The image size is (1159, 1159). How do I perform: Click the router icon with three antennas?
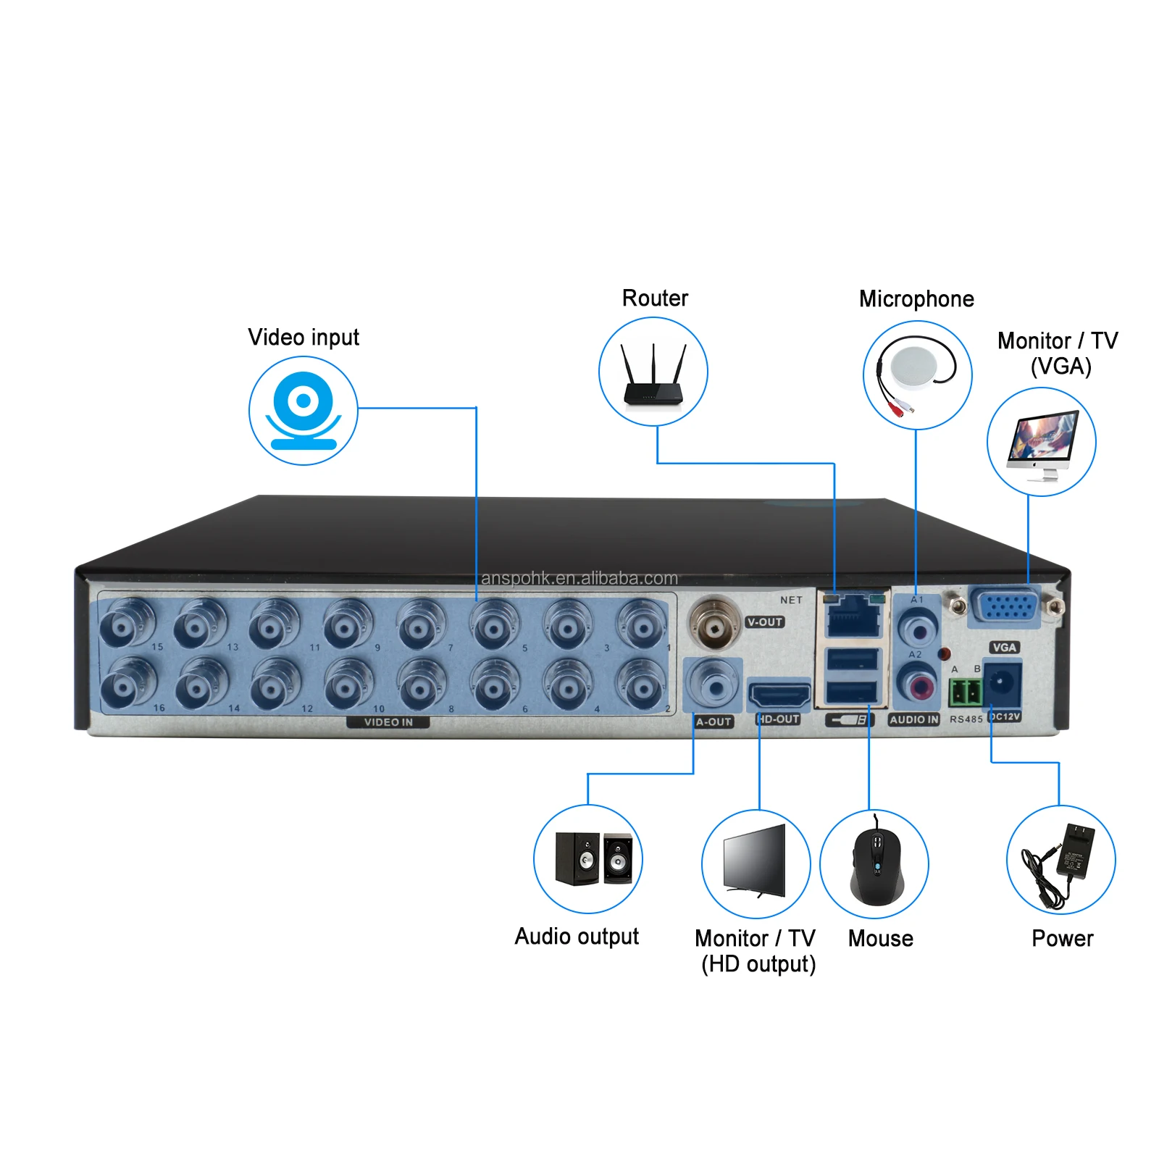[x=653, y=375]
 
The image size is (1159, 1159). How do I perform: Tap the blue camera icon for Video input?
[x=304, y=411]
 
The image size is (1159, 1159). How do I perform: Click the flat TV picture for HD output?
[x=756, y=862]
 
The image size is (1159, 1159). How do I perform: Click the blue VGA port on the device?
[x=1005, y=606]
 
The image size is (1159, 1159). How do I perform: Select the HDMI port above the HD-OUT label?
[x=779, y=696]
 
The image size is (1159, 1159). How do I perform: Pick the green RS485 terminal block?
[x=964, y=693]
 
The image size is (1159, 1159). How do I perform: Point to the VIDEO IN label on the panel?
[x=388, y=722]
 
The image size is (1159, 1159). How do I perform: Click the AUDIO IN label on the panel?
[x=913, y=719]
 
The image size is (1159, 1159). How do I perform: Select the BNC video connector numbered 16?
[x=126, y=684]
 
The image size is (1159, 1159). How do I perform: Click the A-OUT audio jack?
[x=714, y=684]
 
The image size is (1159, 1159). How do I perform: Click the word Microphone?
[x=916, y=299]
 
